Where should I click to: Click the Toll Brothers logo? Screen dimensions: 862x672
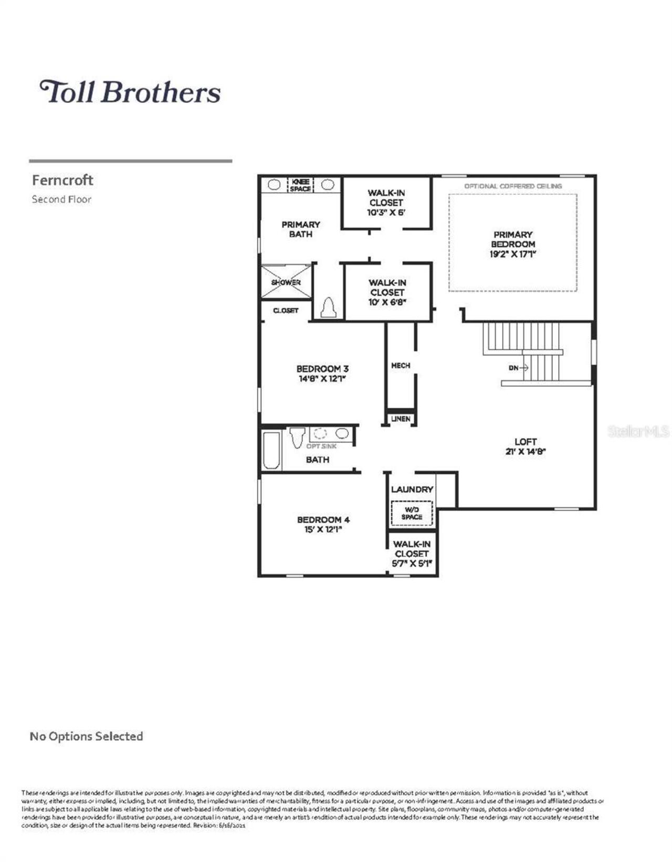130,92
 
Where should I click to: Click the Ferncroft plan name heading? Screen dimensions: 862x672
62,180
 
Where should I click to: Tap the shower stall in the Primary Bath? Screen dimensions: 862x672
286,282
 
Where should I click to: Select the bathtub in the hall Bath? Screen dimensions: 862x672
271,450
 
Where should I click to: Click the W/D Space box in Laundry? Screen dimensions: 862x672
412,513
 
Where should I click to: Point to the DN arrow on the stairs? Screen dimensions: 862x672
518,368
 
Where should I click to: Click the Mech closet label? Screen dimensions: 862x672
401,365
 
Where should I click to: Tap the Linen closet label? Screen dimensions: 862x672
401,419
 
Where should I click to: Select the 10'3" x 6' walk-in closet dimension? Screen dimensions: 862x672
386,212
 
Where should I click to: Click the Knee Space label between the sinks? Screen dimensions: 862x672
300,185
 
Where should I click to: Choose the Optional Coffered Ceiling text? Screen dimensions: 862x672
512,186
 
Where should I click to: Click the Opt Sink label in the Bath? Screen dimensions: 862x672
321,446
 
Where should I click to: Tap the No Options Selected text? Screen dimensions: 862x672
86,736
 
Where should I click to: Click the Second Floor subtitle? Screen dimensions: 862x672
61,199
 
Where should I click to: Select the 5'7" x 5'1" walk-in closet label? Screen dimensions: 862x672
412,554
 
